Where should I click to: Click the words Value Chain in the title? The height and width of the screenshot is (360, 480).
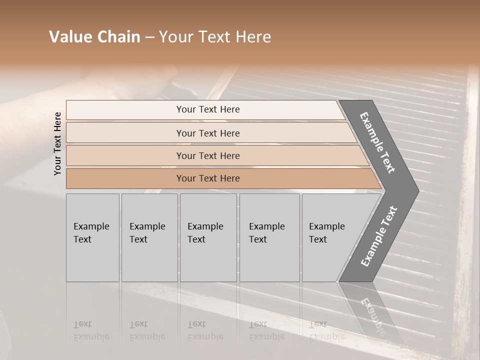coord(94,37)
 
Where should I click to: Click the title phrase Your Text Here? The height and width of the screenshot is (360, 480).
coord(215,37)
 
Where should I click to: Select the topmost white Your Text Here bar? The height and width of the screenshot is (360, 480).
coord(208,109)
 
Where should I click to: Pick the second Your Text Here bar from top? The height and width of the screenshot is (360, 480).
coord(208,133)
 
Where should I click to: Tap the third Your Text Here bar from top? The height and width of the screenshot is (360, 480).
coord(208,155)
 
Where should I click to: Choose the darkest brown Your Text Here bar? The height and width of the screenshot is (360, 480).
coord(208,178)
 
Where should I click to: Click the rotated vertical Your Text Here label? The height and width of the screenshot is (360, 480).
coord(58,143)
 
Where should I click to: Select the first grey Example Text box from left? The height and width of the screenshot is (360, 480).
coord(92,237)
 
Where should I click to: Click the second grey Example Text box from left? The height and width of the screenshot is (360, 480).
coord(149,237)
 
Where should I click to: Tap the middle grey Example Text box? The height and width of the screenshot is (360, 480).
coord(208,237)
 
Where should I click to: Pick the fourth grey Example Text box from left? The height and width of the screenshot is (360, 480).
coord(269,237)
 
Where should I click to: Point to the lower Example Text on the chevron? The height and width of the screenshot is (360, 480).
coord(379,236)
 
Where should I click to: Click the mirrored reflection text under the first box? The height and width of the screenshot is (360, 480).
coord(91,331)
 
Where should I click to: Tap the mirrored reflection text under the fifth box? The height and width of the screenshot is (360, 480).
coord(326,331)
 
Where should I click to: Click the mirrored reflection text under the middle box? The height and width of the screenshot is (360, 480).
coord(205,331)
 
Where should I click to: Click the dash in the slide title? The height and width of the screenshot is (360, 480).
coord(149,37)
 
